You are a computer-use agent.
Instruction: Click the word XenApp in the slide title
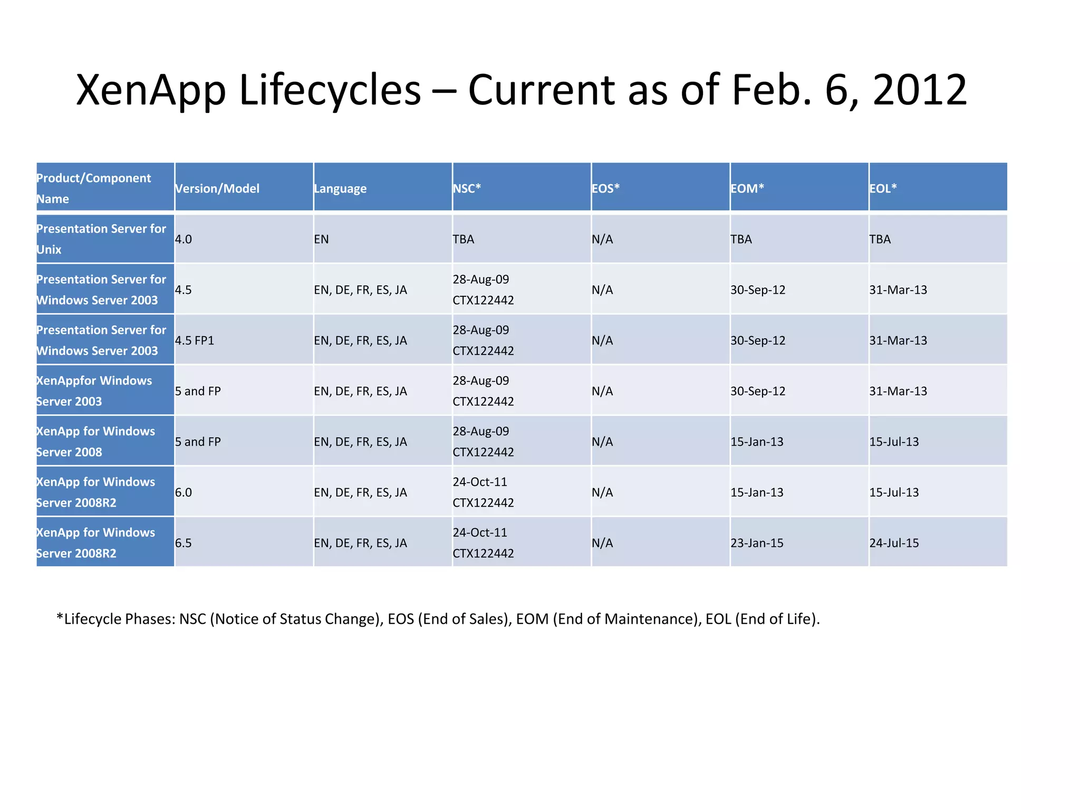click(x=151, y=90)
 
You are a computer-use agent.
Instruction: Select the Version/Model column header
click(x=217, y=188)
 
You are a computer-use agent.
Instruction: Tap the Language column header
click(x=340, y=188)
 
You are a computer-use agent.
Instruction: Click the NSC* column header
click(x=467, y=188)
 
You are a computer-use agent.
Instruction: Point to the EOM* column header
click(x=747, y=188)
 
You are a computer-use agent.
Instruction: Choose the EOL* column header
click(x=883, y=188)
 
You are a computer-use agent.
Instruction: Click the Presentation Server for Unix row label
click(x=101, y=239)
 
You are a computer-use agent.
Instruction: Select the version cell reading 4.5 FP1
click(x=195, y=340)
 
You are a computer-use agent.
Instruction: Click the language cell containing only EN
click(x=321, y=239)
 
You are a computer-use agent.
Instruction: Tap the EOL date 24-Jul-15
click(x=894, y=543)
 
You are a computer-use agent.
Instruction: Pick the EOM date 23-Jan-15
click(x=757, y=543)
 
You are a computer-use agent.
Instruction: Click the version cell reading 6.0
click(x=184, y=492)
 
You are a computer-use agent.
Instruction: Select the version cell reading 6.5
click(x=184, y=543)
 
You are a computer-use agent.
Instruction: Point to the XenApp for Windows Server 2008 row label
click(x=95, y=441)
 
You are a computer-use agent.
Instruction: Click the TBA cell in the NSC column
click(x=464, y=239)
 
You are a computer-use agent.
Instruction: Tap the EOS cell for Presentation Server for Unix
click(x=602, y=239)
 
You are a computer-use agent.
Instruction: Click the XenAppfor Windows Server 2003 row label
click(x=94, y=391)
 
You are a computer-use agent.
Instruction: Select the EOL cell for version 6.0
click(x=894, y=492)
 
